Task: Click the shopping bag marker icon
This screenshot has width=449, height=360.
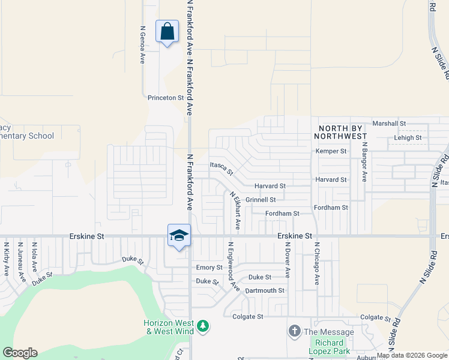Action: (x=167, y=31)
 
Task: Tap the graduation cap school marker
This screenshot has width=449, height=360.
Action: (x=179, y=236)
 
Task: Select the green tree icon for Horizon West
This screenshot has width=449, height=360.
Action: (x=203, y=326)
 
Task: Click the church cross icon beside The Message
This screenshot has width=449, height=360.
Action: (x=294, y=331)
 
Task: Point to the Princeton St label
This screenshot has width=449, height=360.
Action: (x=165, y=97)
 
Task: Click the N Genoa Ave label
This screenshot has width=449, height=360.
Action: (x=143, y=45)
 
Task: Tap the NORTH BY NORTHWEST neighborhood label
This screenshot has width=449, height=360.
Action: (x=342, y=132)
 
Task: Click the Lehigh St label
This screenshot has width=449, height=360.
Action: (x=408, y=137)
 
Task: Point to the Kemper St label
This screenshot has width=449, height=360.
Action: (x=331, y=151)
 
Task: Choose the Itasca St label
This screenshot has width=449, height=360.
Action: (x=221, y=167)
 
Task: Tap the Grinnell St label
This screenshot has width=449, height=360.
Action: (x=261, y=200)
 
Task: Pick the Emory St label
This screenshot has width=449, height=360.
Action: (x=209, y=267)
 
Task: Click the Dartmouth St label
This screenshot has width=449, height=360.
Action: (x=265, y=290)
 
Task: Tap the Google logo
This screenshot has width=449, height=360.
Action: (x=20, y=353)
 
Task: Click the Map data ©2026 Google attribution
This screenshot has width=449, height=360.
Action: (x=412, y=356)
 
